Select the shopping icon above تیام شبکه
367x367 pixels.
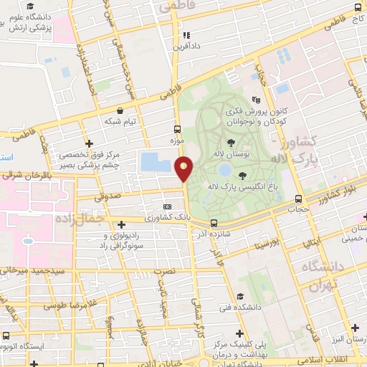(119, 112)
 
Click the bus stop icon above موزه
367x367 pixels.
(176, 130)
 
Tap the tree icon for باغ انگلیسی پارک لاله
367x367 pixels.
(242, 174)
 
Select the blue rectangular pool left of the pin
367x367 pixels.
(151, 162)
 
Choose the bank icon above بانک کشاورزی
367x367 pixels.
(167, 206)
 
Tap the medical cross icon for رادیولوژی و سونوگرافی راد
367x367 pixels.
(121, 224)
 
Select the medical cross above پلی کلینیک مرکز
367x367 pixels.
(239, 334)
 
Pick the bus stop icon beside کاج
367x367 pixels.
(357, 8)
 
